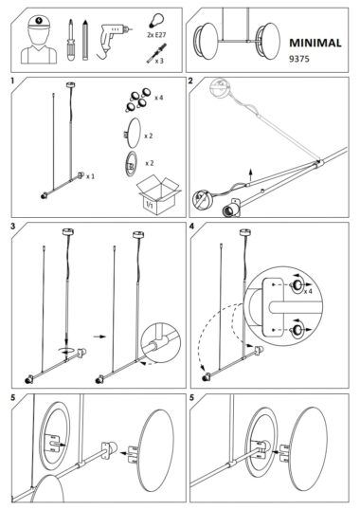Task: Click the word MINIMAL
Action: (315, 44)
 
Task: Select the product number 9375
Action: (299, 59)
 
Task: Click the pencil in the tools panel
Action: (85, 40)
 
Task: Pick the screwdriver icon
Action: (70, 40)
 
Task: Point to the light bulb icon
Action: (156, 20)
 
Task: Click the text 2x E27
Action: (156, 34)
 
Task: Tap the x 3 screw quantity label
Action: (159, 61)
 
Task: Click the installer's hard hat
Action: (39, 23)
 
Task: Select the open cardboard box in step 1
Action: (158, 195)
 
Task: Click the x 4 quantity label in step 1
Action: (159, 98)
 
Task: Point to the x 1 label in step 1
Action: (90, 176)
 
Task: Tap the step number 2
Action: (190, 81)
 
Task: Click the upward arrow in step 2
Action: (250, 175)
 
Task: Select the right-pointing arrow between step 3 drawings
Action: (99, 337)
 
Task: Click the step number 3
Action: (13, 226)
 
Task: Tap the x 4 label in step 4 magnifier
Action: (308, 291)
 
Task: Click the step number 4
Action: (191, 226)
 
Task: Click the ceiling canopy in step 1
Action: (70, 85)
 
